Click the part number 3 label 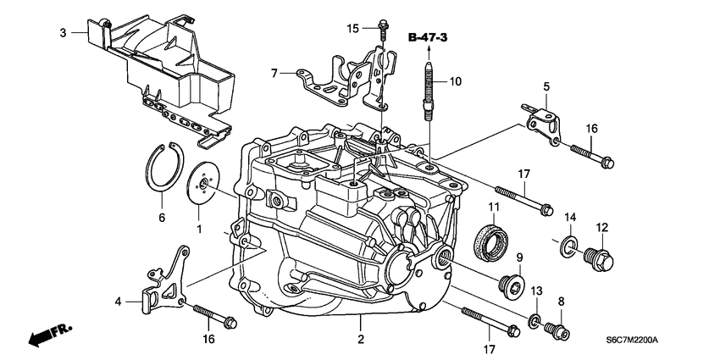tap(63, 33)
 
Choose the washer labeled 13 tap(535, 320)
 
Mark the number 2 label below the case tap(360, 340)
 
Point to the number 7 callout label tap(274, 74)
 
